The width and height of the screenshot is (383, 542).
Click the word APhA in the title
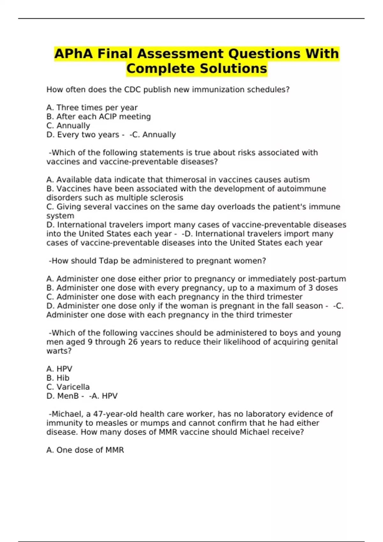[x=73, y=54]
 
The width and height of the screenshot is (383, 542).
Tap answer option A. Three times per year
[x=92, y=108]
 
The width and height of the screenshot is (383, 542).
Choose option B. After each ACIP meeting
[x=98, y=117]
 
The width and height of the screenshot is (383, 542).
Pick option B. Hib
[x=58, y=378]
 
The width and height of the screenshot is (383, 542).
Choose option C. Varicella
[x=68, y=387]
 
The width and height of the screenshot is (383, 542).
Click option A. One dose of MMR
[x=85, y=450]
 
